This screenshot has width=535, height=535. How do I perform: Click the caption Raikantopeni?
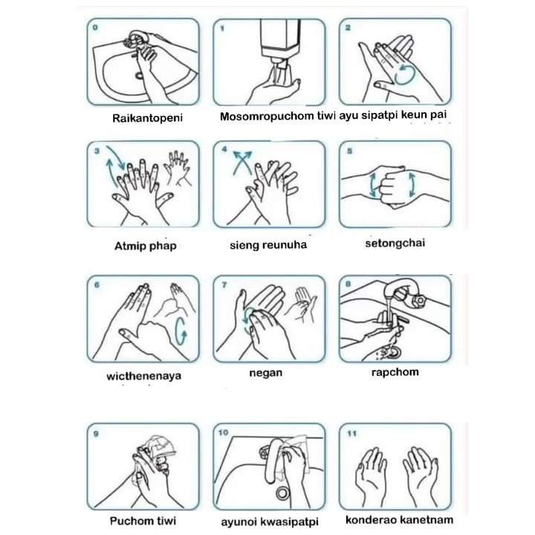click(x=147, y=118)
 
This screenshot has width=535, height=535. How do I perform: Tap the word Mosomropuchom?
click(x=267, y=117)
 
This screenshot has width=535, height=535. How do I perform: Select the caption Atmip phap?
click(x=146, y=246)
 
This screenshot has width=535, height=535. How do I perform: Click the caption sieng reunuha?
click(x=268, y=244)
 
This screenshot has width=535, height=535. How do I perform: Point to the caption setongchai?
click(x=395, y=243)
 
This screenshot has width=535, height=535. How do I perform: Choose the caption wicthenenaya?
click(x=143, y=376)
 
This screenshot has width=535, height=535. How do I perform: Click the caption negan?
click(x=266, y=372)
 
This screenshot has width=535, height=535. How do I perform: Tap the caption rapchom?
click(x=395, y=372)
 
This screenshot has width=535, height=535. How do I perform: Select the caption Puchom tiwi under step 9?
click(x=143, y=521)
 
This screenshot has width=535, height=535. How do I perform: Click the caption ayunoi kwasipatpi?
click(x=270, y=522)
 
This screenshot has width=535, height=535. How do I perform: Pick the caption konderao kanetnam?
click(x=399, y=519)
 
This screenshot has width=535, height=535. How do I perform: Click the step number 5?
click(x=349, y=151)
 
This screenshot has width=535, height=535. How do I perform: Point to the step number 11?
click(x=351, y=434)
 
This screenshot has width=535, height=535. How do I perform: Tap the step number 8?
click(x=348, y=284)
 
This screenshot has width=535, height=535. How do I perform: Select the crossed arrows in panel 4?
click(x=242, y=163)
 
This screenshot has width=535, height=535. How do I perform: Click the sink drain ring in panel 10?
click(x=282, y=493)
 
